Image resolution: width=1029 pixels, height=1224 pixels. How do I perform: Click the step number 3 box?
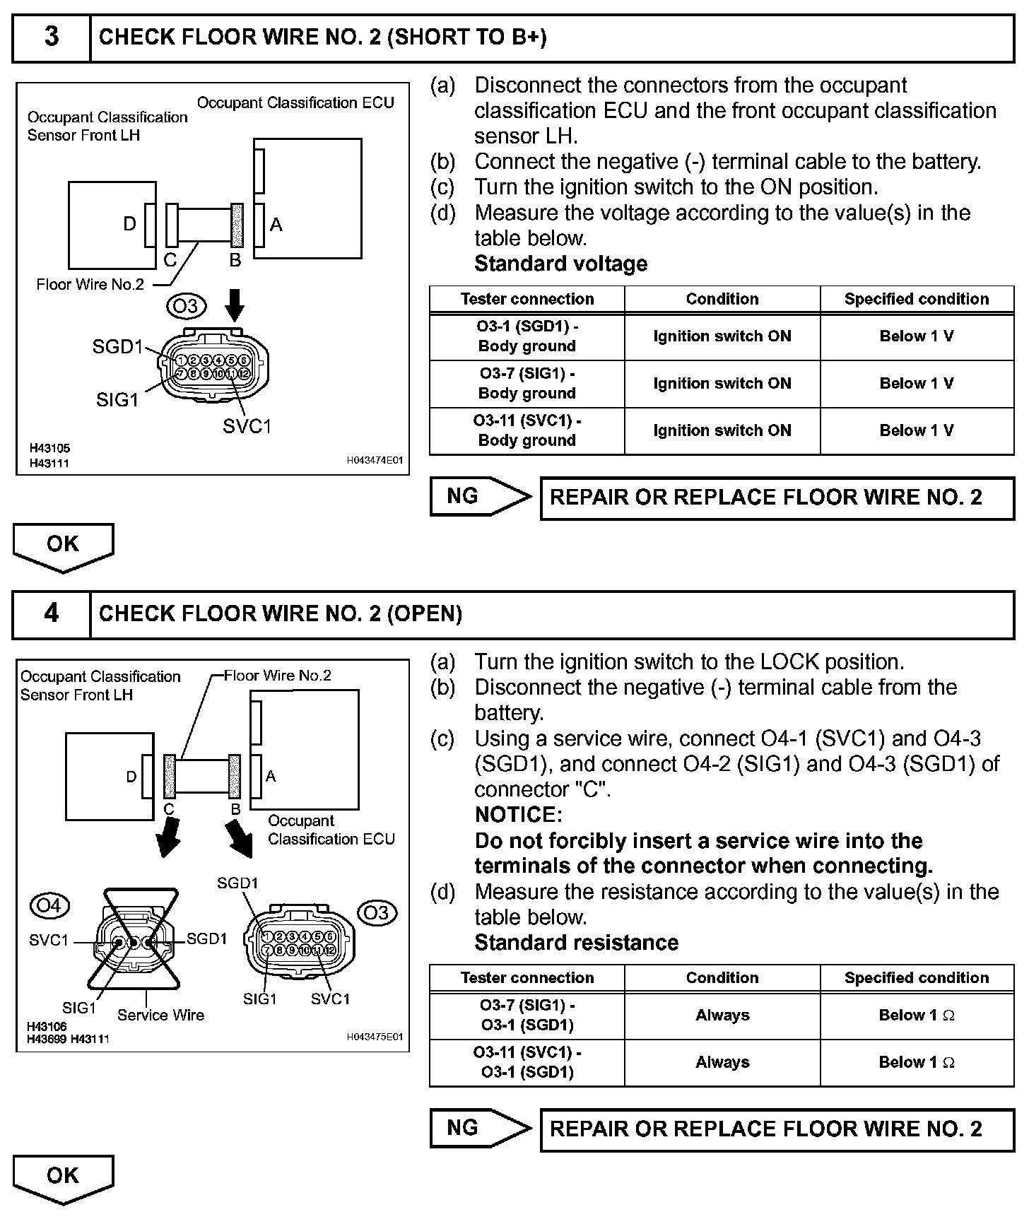click(52, 37)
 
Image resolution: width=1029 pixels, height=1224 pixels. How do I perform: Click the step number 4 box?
click(52, 613)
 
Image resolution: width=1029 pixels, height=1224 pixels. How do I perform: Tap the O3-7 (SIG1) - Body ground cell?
click(527, 384)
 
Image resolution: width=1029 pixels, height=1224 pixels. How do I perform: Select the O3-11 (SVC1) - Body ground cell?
click(527, 430)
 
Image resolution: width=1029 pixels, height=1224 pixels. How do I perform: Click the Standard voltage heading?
click(560, 264)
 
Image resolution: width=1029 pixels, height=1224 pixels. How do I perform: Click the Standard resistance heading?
click(576, 943)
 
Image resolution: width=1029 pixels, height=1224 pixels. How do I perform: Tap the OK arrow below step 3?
click(63, 546)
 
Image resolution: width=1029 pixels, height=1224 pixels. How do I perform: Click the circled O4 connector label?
click(49, 905)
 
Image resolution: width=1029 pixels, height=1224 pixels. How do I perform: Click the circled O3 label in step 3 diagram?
click(186, 306)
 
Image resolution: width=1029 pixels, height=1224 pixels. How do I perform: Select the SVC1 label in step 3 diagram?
click(247, 426)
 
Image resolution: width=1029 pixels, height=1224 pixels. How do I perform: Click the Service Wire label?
click(160, 1016)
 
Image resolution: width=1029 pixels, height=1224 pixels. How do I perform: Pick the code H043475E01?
click(375, 1037)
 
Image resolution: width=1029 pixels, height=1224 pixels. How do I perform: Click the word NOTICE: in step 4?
click(518, 815)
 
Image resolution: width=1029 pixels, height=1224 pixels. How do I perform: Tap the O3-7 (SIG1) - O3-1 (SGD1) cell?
click(527, 1016)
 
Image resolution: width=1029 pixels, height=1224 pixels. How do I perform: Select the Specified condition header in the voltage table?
click(917, 299)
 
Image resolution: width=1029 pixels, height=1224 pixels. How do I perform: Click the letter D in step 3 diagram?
click(129, 225)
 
